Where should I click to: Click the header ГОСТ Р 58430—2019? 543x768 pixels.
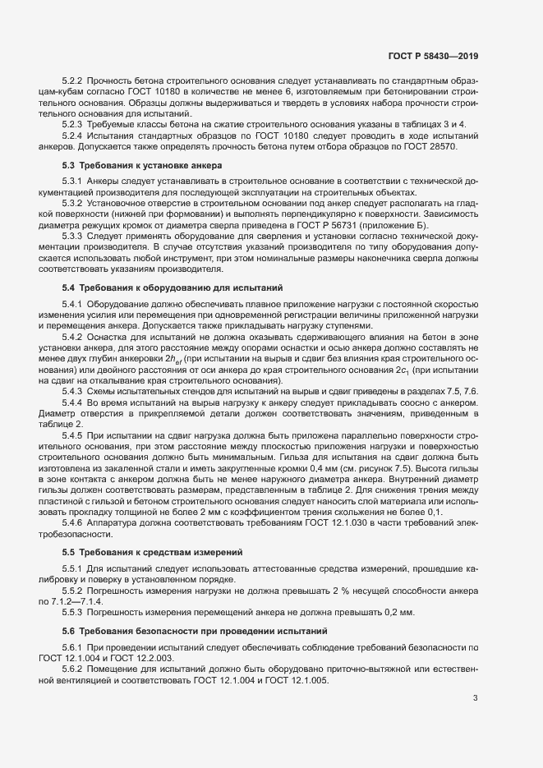coord(432,57)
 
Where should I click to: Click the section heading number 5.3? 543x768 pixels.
coord(68,165)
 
